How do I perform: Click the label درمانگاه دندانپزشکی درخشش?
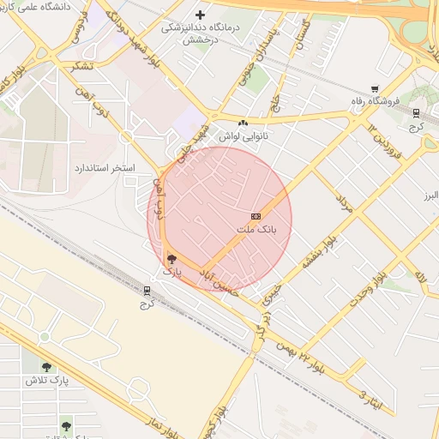[194, 33]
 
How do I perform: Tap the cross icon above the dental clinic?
[201, 15]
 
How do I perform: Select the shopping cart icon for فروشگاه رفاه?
[375, 88]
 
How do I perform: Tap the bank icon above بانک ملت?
[256, 217]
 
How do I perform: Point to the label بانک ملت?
[256, 231]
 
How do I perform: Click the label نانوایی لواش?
[244, 136]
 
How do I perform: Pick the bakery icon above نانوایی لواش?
[244, 123]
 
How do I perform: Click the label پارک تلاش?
[46, 379]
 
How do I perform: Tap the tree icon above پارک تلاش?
[46, 366]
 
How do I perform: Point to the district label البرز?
[429, 196]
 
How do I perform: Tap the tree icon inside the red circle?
[171, 258]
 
